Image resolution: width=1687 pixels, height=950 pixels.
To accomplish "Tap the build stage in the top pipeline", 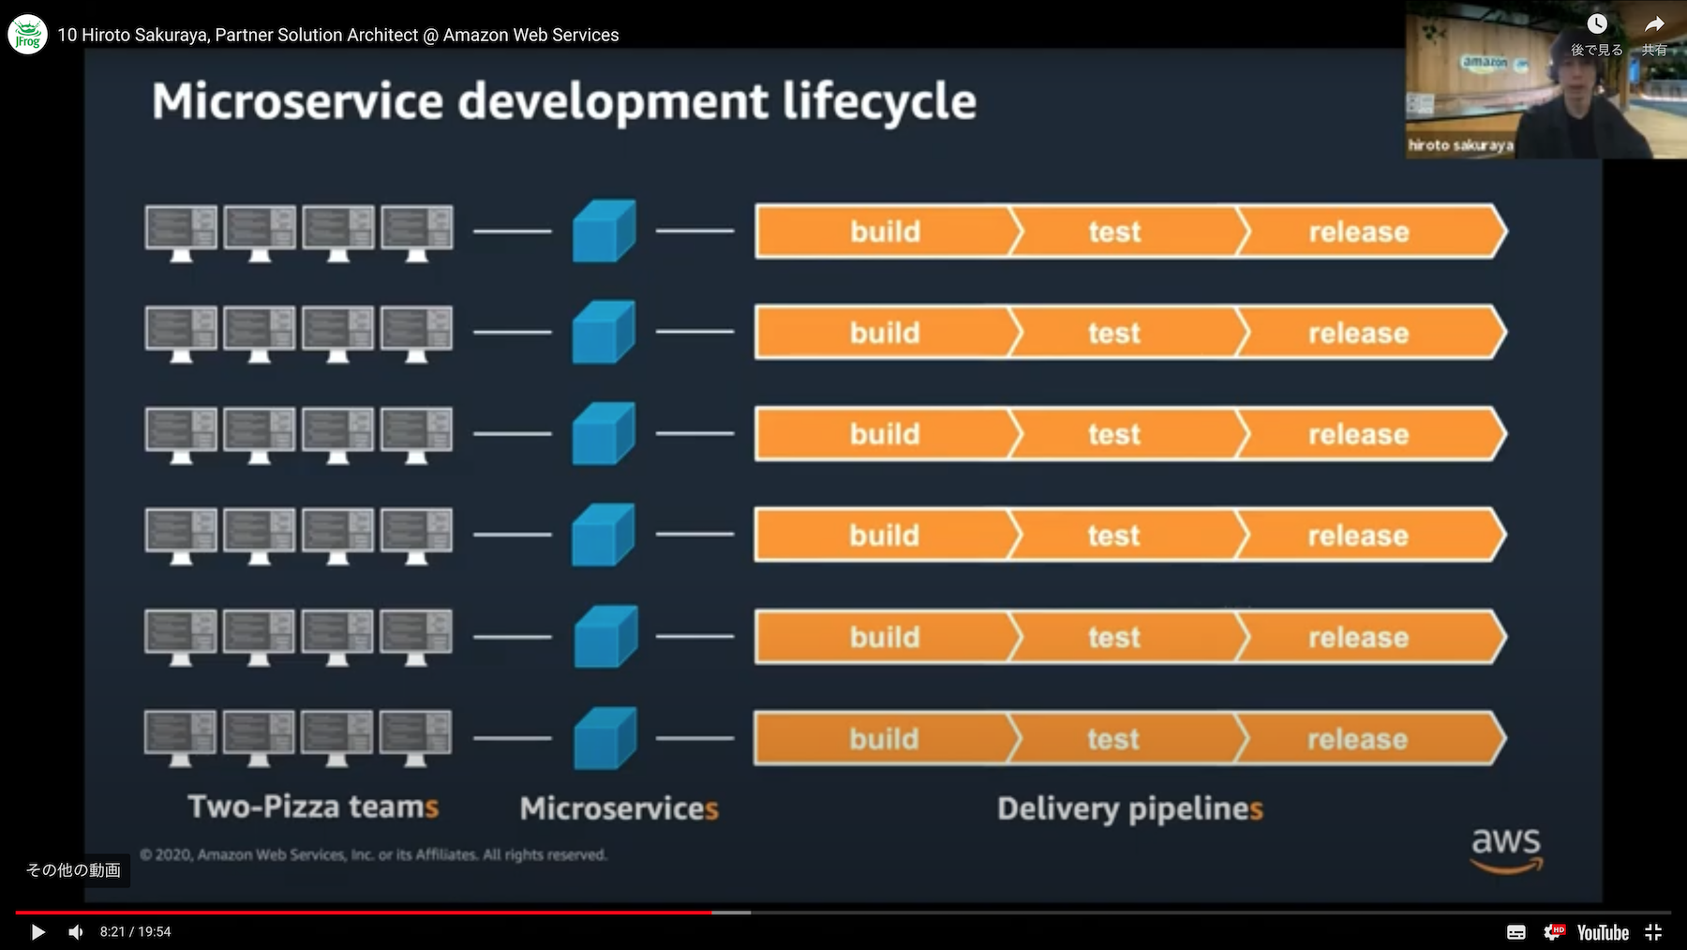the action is (886, 232).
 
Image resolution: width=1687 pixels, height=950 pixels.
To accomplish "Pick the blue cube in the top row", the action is (605, 231).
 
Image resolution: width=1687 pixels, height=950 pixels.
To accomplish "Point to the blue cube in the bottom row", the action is (605, 738).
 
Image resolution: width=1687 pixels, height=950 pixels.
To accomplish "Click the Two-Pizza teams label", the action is (313, 807).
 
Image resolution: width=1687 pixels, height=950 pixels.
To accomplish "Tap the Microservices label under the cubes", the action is (620, 808).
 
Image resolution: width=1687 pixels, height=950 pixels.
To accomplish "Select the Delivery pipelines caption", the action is (1130, 809).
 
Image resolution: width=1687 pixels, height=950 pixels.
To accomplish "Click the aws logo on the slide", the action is (1506, 850).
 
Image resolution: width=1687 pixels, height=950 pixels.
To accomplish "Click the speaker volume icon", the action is (76, 932).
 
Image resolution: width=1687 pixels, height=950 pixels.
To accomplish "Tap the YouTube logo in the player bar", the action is (1603, 932).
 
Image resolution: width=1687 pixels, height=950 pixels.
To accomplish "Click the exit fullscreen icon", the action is (1653, 932).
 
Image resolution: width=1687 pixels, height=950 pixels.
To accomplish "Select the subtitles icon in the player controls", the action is (1516, 932).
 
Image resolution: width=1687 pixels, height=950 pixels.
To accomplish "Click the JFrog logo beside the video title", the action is (27, 35).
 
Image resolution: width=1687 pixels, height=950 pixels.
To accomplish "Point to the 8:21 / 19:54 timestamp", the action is (136, 932).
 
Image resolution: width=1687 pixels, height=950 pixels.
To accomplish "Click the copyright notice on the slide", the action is (373, 854).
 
